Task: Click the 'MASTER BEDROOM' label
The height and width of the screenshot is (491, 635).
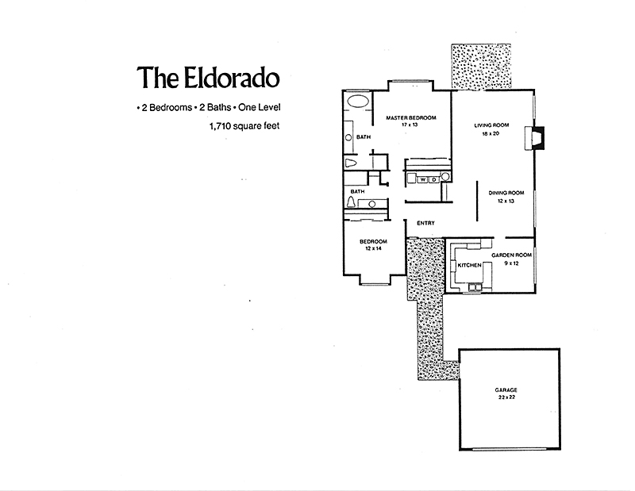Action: [x=409, y=118]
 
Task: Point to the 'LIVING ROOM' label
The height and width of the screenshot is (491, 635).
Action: [x=491, y=125]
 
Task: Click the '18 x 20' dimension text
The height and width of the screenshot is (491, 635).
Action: [x=491, y=133]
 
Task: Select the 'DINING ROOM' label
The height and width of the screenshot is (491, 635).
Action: [x=506, y=193]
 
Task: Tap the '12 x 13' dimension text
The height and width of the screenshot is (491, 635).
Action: [x=506, y=201]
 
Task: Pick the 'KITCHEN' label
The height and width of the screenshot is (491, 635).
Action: [x=469, y=265]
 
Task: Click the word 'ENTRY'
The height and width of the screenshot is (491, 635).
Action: [x=425, y=223]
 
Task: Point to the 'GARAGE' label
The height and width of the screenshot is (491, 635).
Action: [x=506, y=390]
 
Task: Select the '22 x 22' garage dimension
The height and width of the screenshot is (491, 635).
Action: [x=506, y=398]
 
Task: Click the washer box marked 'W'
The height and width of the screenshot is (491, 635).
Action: [x=423, y=180]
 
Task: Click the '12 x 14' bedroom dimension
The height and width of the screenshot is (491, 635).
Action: [x=372, y=249]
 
